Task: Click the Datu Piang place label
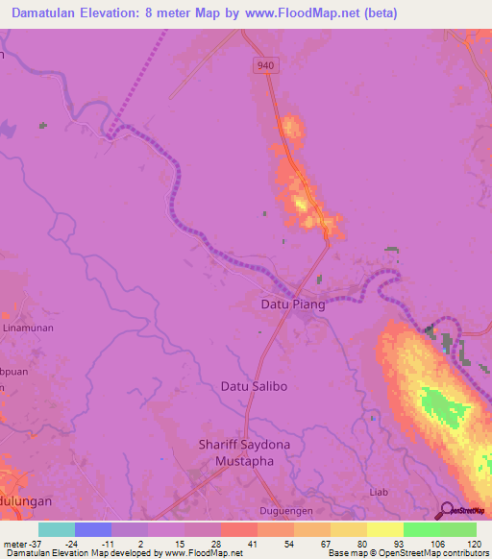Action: [x=293, y=304]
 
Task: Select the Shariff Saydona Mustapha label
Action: [x=236, y=452]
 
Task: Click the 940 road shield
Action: [x=266, y=64]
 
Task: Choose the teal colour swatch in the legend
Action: [x=57, y=529]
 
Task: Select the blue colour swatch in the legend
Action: [x=93, y=529]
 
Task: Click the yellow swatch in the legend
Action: [x=385, y=529]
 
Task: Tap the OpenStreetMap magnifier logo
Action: [x=445, y=510]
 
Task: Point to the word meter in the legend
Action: [x=14, y=543]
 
